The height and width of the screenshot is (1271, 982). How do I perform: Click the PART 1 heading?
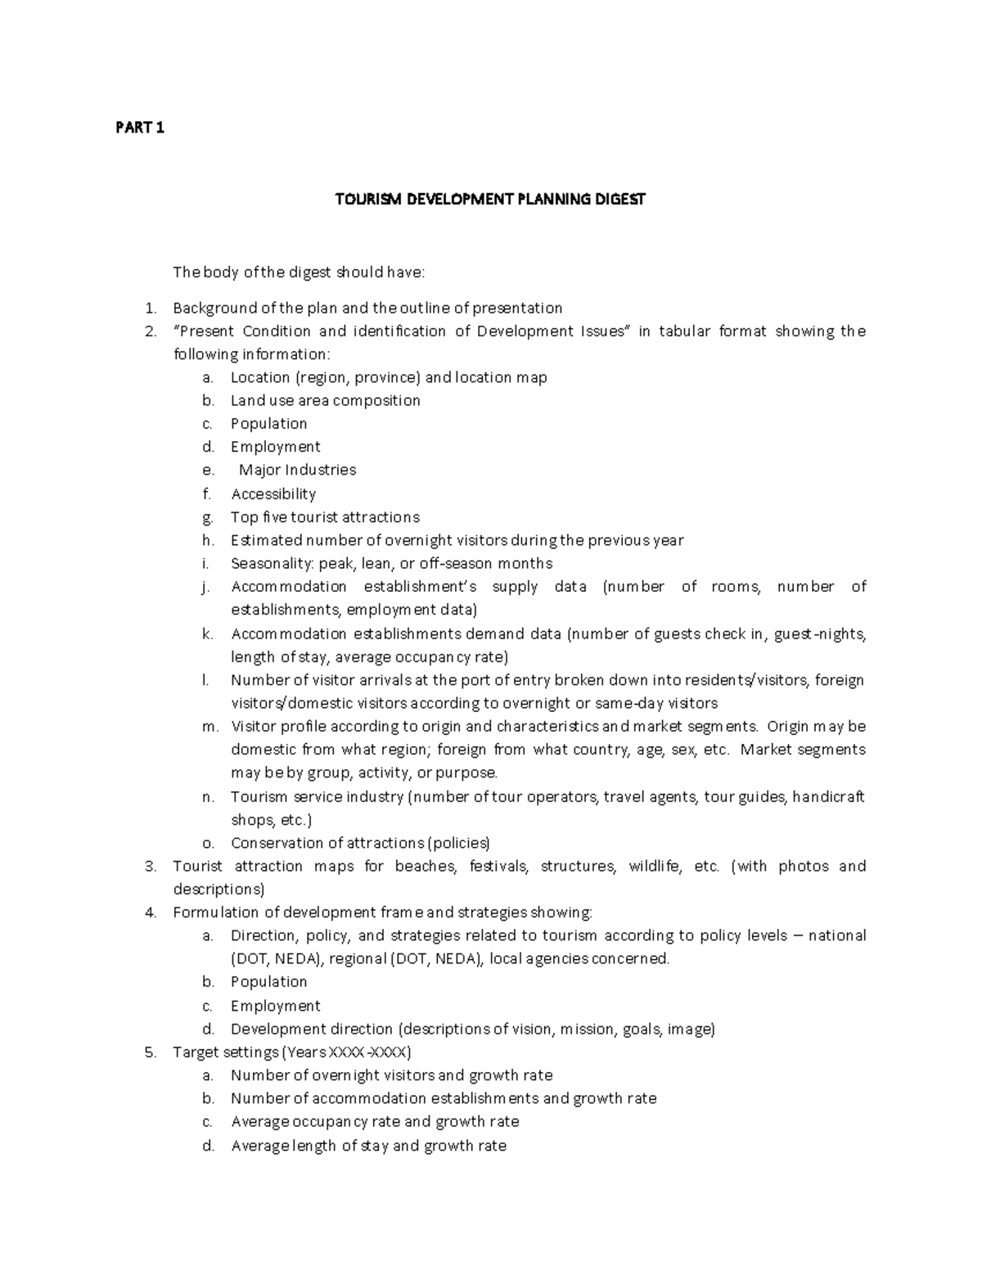[139, 128]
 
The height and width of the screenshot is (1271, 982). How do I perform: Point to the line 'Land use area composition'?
[325, 400]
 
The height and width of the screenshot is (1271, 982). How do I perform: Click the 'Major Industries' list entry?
[297, 470]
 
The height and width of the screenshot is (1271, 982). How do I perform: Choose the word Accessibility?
[273, 494]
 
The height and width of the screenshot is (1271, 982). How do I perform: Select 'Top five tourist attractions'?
[324, 517]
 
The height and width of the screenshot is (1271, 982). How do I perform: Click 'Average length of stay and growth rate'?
[367, 1146]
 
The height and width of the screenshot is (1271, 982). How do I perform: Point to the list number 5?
[150, 1052]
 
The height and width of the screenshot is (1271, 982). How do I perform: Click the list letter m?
[209, 727]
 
